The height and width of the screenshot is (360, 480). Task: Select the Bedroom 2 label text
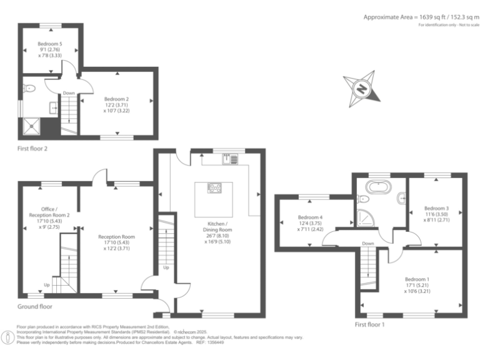pos(116,99)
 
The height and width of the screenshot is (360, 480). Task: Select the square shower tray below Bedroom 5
pos(31,127)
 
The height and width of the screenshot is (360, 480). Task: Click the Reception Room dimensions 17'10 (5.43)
pos(116,243)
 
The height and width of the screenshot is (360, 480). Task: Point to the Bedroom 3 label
pos(436,208)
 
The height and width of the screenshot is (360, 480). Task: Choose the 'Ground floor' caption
pos(35,306)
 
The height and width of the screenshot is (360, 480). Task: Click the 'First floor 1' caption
pos(370,324)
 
